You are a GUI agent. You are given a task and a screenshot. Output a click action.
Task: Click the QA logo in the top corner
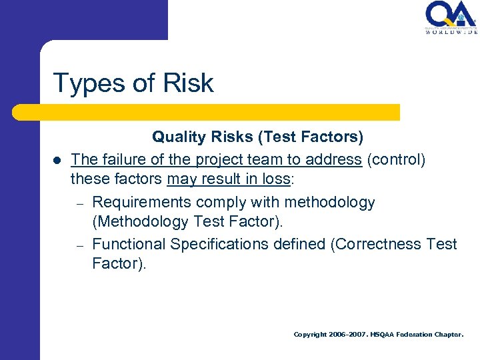pyautogui.click(x=451, y=18)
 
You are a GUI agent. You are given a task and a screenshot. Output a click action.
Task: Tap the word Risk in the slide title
pyautogui.click(x=187, y=83)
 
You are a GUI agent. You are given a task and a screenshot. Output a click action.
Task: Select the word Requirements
pyautogui.click(x=138, y=202)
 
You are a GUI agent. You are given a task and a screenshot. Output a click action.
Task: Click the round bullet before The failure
pyautogui.click(x=57, y=161)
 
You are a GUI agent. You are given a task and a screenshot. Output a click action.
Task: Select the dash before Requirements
pyautogui.click(x=78, y=203)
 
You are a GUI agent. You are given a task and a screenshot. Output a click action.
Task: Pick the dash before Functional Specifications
pyautogui.click(x=78, y=245)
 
